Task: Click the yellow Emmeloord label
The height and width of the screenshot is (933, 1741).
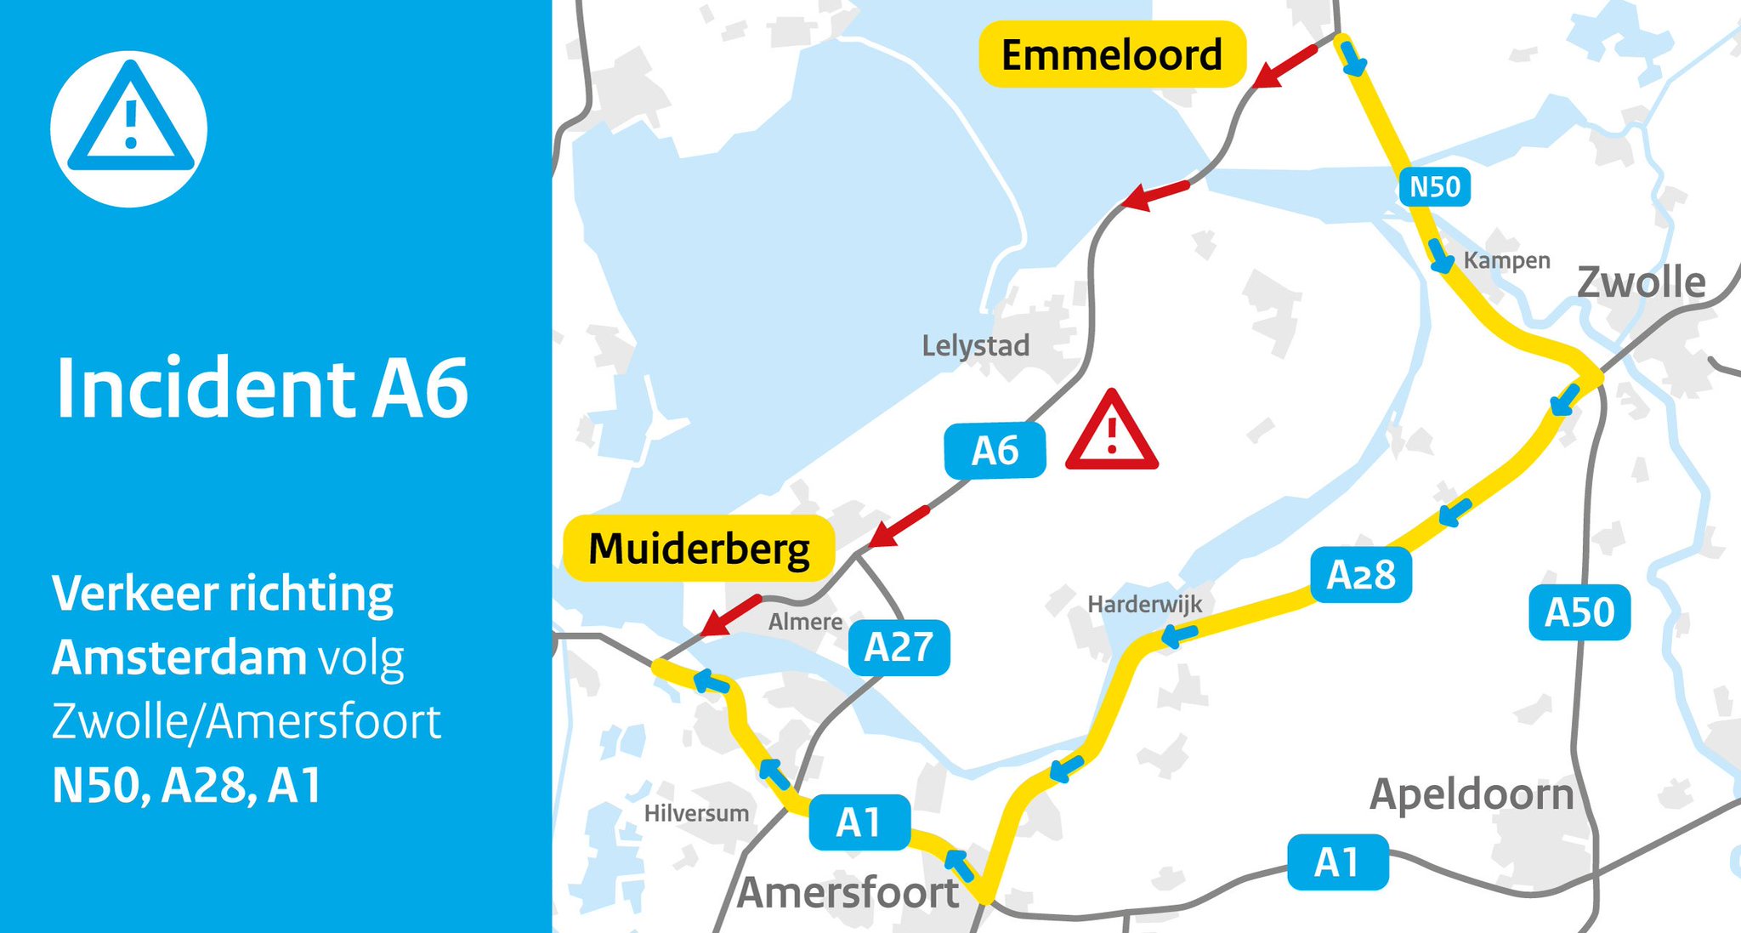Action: click(1112, 55)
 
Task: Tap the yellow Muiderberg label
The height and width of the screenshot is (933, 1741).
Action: click(699, 549)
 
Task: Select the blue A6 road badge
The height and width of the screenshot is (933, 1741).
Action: click(995, 451)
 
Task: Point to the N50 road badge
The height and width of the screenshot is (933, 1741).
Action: click(1434, 186)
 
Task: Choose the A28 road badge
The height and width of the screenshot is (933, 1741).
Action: click(1360, 575)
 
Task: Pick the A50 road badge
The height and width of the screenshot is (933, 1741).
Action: click(1579, 612)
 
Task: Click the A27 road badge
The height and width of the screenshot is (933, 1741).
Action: click(899, 648)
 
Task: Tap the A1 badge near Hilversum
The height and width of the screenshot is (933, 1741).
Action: click(859, 822)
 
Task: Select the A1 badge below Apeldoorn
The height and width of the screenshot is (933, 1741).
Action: click(1337, 862)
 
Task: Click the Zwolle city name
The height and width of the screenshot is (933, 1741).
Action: click(1641, 282)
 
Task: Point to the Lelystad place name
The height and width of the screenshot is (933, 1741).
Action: click(975, 345)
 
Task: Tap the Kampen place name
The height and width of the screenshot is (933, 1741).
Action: click(1506, 260)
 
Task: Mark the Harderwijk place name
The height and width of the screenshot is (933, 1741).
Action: click(1144, 604)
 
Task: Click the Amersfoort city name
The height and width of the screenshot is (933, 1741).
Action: click(848, 893)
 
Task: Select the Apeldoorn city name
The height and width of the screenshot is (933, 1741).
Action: click(1472, 794)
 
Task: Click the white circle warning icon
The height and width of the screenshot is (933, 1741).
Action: click(129, 128)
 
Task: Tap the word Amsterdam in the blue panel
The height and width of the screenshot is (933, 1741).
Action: click(179, 657)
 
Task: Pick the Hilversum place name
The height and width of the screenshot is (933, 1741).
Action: click(696, 813)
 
